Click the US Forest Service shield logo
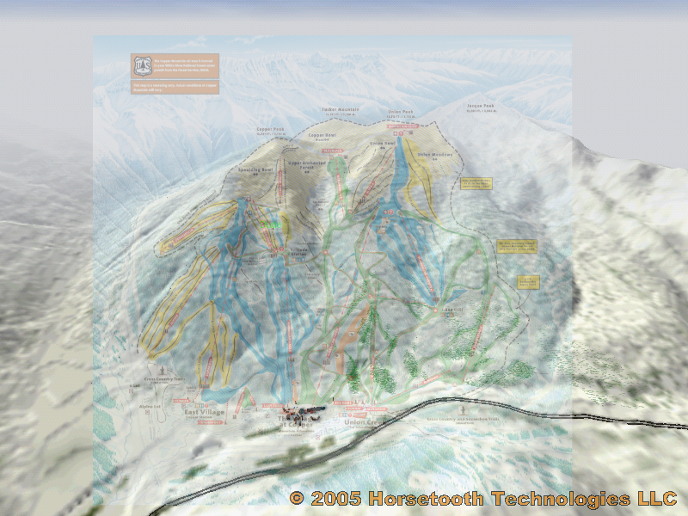click(140, 65)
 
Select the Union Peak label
click(401, 111)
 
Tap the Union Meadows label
click(434, 155)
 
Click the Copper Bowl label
click(322, 136)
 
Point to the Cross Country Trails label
click(165, 378)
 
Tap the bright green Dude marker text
click(272, 225)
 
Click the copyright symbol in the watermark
click(297, 498)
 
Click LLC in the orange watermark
click(657, 498)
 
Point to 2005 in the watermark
click(336, 498)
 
